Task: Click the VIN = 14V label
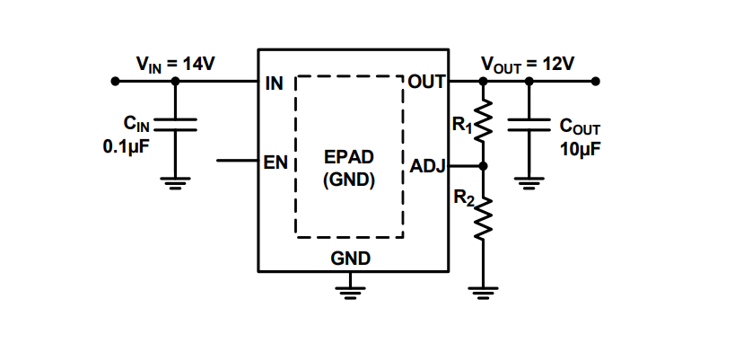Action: (x=175, y=64)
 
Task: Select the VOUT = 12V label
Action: (x=528, y=64)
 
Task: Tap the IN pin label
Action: (x=275, y=84)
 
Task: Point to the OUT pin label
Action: (x=427, y=83)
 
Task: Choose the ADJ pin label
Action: (x=427, y=166)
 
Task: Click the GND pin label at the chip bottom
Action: (x=351, y=259)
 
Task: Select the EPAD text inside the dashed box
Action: (x=349, y=158)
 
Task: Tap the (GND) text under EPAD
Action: (x=349, y=179)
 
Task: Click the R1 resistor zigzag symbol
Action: (x=484, y=120)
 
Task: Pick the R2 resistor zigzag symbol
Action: (x=484, y=216)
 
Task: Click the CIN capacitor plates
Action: (x=175, y=125)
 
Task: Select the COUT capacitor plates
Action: (x=529, y=125)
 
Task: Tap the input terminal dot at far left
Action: (x=115, y=82)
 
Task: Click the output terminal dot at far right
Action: (x=596, y=82)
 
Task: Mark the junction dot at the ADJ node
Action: (x=484, y=166)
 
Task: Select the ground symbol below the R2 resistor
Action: (x=484, y=291)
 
